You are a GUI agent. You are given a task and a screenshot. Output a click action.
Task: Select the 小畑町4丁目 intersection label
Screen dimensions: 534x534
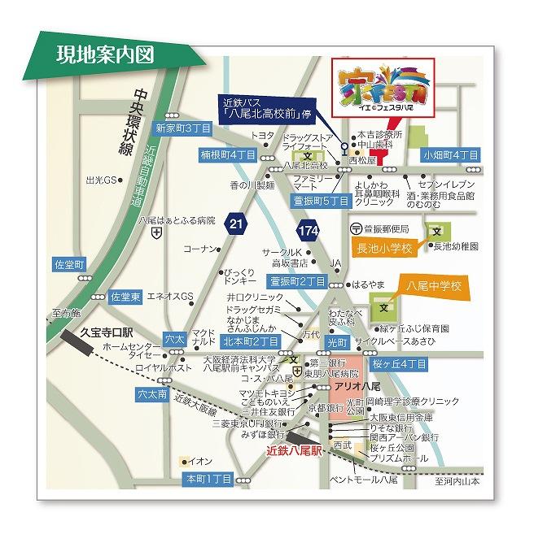(x=450, y=154)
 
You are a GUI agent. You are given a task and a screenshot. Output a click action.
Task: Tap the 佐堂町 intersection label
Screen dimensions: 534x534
(x=69, y=265)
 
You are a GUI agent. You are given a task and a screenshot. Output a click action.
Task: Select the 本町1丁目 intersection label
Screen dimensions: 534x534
(x=208, y=479)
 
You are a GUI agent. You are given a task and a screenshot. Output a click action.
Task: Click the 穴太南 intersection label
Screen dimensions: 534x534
(x=151, y=394)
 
